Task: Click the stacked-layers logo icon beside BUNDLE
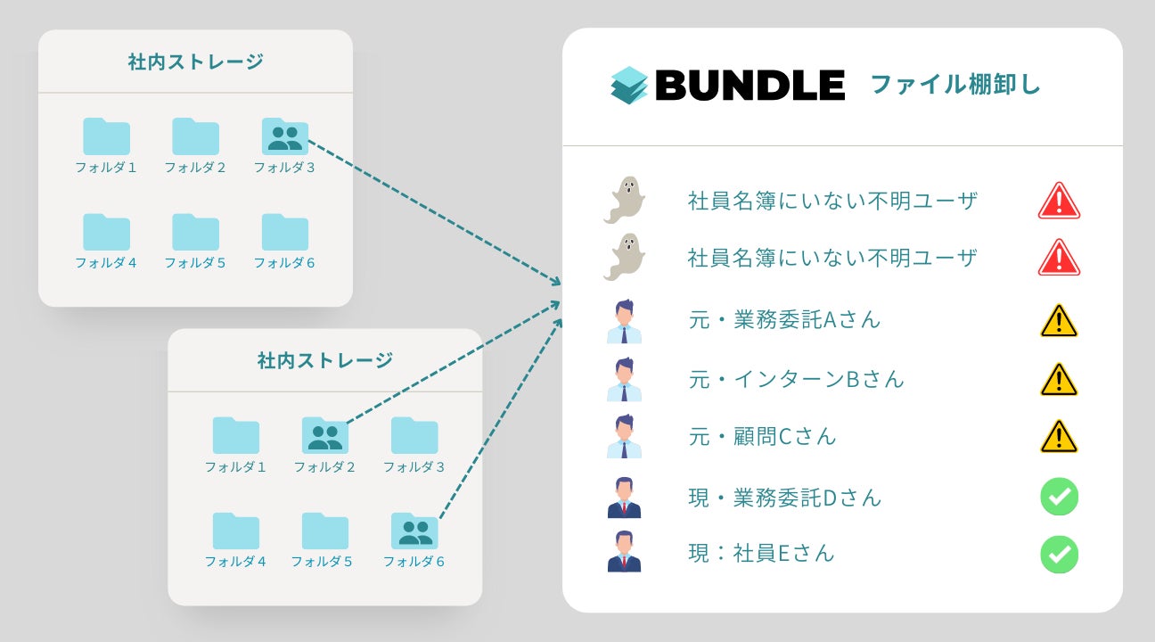(x=629, y=86)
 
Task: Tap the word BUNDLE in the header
(x=750, y=86)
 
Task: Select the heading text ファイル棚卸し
(x=954, y=86)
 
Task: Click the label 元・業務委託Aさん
(x=784, y=320)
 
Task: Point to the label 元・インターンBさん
(x=796, y=379)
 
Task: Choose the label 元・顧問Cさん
(x=762, y=437)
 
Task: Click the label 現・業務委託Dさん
(x=784, y=498)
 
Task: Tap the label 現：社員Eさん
(x=761, y=553)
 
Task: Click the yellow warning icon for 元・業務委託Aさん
(x=1059, y=321)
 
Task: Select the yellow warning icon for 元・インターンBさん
(x=1059, y=380)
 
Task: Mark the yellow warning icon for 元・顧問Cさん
(x=1059, y=437)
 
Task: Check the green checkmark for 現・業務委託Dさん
(x=1059, y=497)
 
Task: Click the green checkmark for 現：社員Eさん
(x=1059, y=554)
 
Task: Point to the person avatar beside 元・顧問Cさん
(x=625, y=437)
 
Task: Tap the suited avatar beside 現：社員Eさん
(x=625, y=552)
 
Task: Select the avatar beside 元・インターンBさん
(x=625, y=380)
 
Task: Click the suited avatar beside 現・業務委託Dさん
(x=625, y=498)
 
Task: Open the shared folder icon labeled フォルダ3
(x=285, y=137)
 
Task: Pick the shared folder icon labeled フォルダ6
(x=414, y=531)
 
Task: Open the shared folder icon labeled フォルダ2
(x=325, y=436)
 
